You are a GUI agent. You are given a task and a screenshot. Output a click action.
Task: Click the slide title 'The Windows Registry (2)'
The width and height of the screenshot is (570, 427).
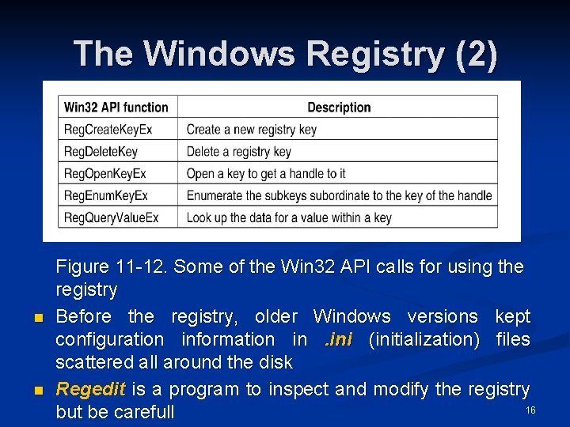click(286, 54)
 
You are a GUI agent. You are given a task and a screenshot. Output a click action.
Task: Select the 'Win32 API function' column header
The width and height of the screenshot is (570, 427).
click(116, 108)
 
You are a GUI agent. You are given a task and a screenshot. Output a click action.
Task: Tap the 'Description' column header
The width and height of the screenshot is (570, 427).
click(339, 108)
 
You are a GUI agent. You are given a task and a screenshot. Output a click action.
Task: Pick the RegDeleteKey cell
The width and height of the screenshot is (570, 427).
click(101, 152)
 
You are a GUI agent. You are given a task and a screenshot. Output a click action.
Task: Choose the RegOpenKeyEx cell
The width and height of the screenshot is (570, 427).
click(104, 173)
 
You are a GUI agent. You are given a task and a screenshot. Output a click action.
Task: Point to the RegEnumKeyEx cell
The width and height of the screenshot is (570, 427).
click(105, 195)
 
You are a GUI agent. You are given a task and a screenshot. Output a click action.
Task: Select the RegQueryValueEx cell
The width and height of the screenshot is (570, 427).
click(111, 217)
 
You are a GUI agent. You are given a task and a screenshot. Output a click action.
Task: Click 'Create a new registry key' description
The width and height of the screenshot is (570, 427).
click(251, 130)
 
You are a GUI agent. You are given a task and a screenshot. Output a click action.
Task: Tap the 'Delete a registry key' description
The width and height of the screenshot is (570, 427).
click(238, 152)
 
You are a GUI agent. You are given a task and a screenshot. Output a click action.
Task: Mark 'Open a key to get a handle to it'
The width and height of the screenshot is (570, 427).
click(265, 173)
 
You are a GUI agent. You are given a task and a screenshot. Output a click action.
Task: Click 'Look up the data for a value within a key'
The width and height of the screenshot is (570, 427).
click(289, 217)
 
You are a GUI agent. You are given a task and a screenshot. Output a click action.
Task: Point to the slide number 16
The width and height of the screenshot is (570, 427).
click(530, 410)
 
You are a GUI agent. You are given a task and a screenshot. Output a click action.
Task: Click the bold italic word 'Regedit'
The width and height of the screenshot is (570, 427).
click(90, 389)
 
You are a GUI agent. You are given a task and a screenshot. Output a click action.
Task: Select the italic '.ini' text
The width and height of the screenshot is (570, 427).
click(337, 339)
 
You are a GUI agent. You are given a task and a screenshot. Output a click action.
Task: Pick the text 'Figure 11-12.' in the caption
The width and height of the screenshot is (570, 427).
click(111, 266)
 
